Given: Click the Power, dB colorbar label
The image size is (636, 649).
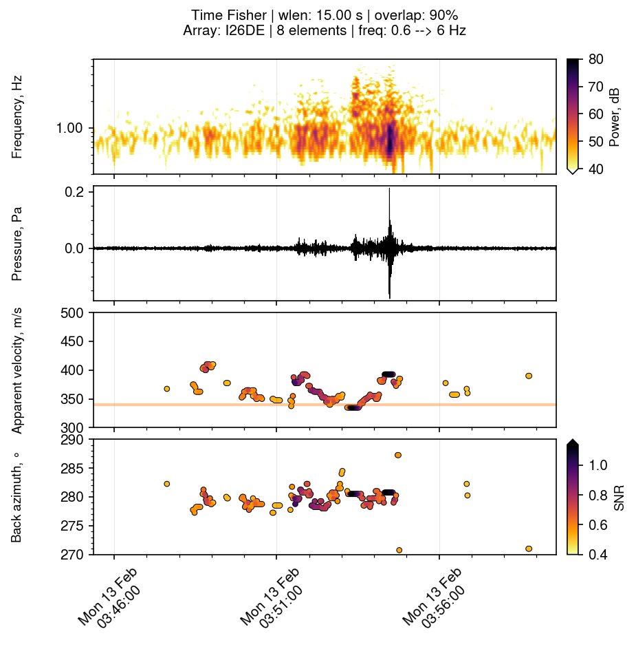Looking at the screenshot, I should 615,117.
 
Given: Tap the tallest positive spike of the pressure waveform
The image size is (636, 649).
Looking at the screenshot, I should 390,189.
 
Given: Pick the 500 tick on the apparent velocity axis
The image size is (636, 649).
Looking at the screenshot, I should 71,313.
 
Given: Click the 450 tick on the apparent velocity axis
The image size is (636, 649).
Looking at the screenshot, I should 71,342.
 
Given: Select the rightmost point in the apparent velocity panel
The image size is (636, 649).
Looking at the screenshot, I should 529,376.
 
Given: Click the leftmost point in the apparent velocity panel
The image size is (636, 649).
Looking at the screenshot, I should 166,389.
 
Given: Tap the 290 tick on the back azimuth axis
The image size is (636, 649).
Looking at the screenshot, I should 71,439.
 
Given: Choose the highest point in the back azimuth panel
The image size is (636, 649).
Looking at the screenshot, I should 398,455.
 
